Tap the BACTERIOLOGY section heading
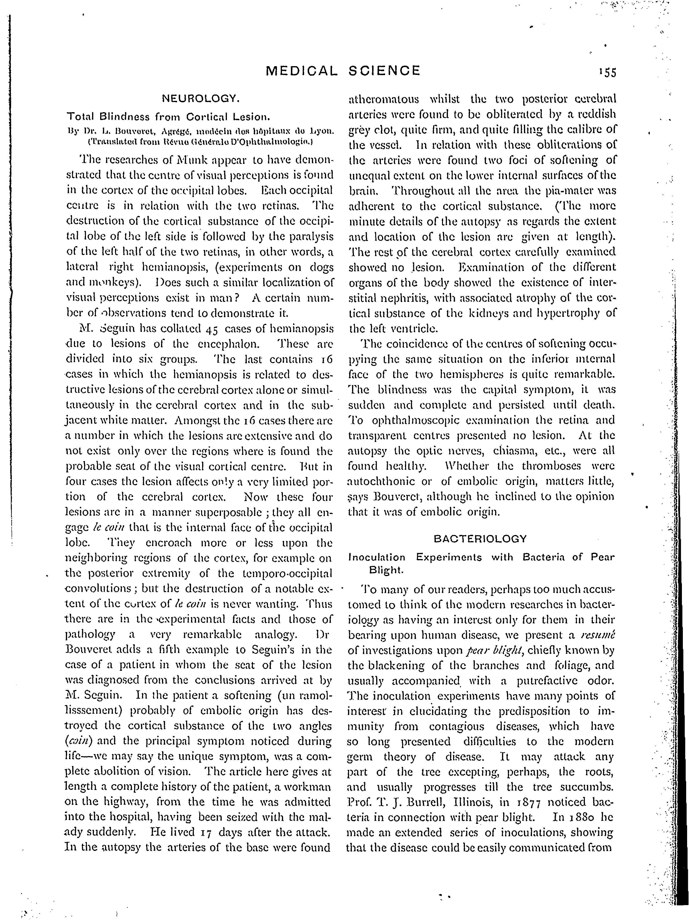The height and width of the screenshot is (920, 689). click(x=480, y=539)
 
